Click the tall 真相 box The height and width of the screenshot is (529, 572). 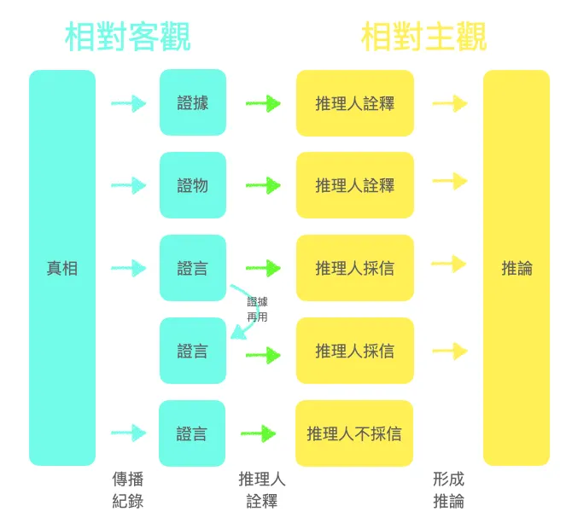click(62, 268)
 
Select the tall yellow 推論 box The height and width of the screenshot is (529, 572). click(517, 268)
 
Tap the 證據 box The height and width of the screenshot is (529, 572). click(193, 103)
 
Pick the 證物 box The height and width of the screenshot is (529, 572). click(193, 185)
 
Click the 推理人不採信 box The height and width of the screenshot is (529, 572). click(354, 433)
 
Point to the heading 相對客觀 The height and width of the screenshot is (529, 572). click(127, 37)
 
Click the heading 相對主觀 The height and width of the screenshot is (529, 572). click(423, 37)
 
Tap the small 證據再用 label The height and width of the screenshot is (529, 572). click(257, 309)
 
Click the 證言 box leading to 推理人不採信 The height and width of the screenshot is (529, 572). click(193, 433)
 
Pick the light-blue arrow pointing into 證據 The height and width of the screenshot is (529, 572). click(128, 104)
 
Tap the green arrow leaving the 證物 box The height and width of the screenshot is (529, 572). click(263, 185)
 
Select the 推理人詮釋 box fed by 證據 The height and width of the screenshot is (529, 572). click(354, 103)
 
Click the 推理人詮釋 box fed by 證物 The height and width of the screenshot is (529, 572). click(354, 185)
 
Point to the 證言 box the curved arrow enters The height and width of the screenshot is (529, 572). click(193, 351)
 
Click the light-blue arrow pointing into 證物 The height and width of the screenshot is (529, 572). click(128, 185)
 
